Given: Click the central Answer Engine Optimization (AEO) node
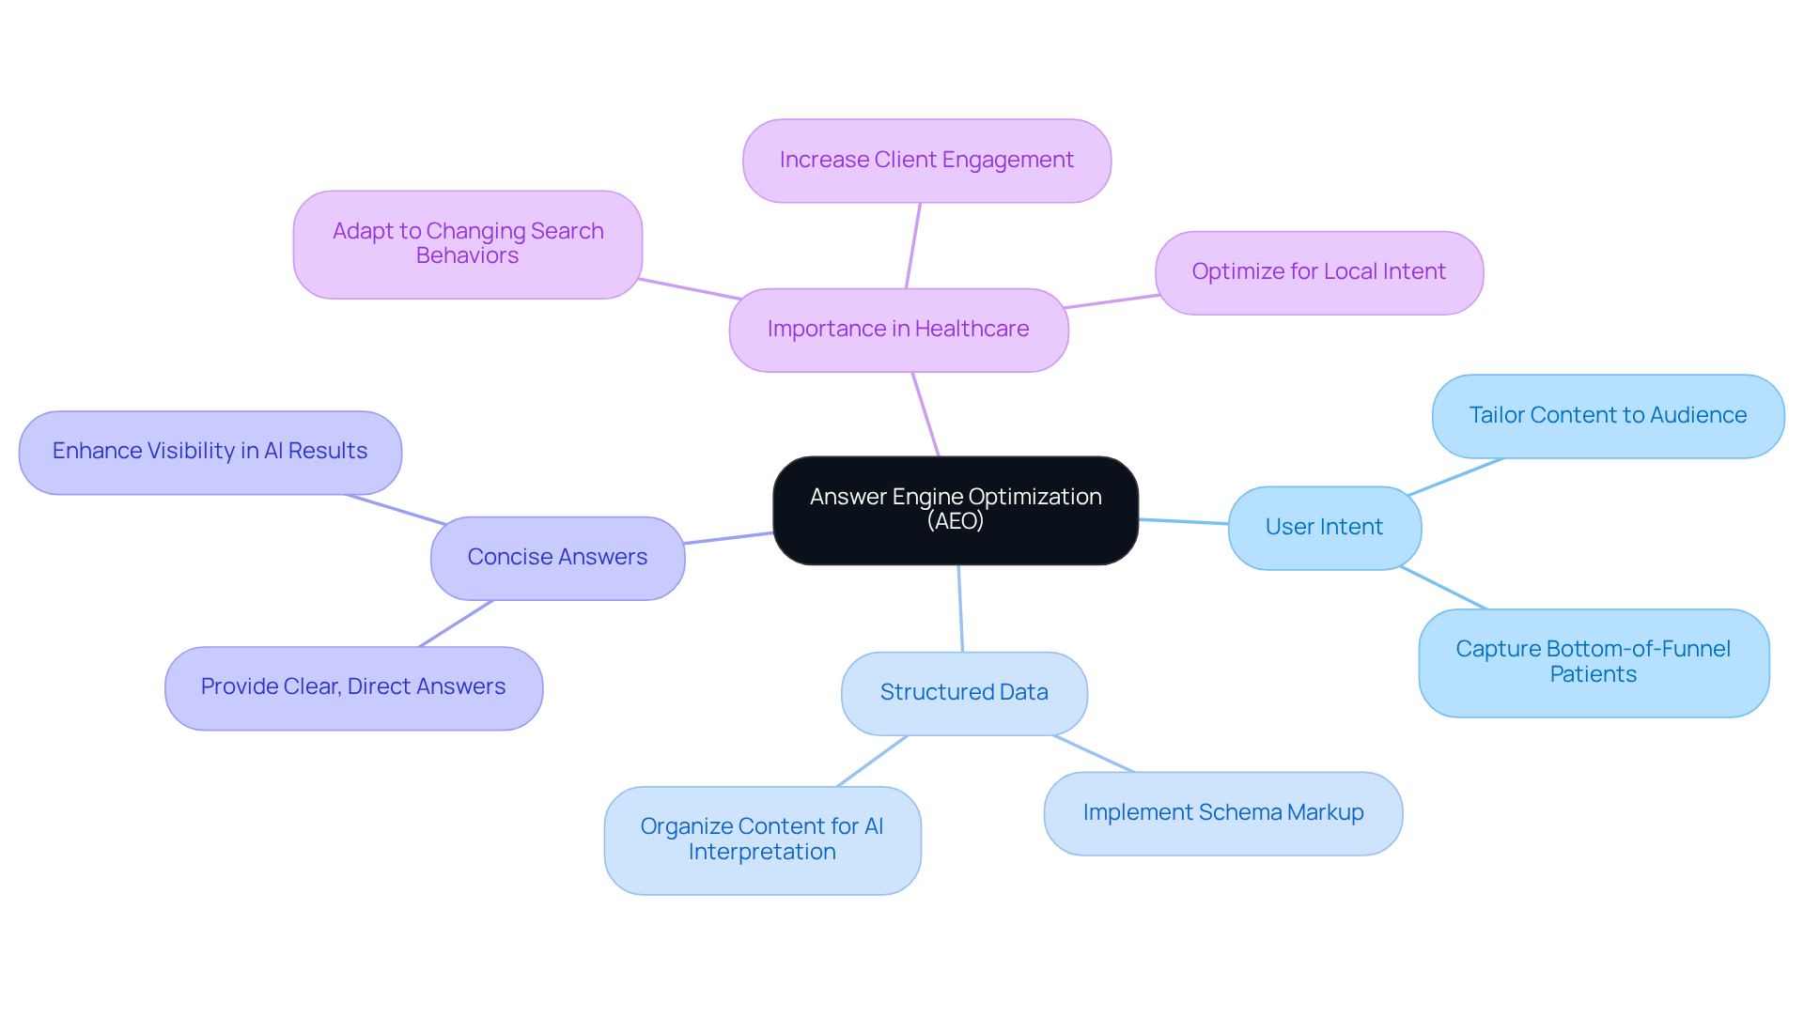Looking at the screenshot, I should point(955,510).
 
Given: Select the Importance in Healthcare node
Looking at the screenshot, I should point(898,330).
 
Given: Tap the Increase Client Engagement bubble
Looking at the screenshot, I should point(926,161).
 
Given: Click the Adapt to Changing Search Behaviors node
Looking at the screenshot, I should point(467,244).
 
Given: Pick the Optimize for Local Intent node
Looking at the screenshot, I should point(1318,272).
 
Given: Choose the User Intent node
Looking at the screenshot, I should point(1324,528).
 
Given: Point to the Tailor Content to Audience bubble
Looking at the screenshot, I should point(1607,416).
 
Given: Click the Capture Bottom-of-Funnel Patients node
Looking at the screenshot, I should point(1593,662).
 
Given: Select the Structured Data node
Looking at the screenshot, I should point(964,693).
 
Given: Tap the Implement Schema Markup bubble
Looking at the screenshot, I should point(1222,813).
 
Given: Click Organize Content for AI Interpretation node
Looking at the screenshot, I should point(762,840).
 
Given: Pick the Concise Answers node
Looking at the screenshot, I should point(557,558).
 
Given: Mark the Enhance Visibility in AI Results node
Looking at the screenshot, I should point(210,452).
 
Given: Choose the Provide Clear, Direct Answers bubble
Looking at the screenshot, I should point(353,687).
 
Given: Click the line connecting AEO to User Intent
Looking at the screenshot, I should point(1183,521).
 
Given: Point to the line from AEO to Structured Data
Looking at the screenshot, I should point(960,609).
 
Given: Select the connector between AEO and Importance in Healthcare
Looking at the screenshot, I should point(925,414).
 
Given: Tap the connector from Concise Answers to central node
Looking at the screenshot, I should point(728,538).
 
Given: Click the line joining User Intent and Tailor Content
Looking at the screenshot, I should point(1455,477).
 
